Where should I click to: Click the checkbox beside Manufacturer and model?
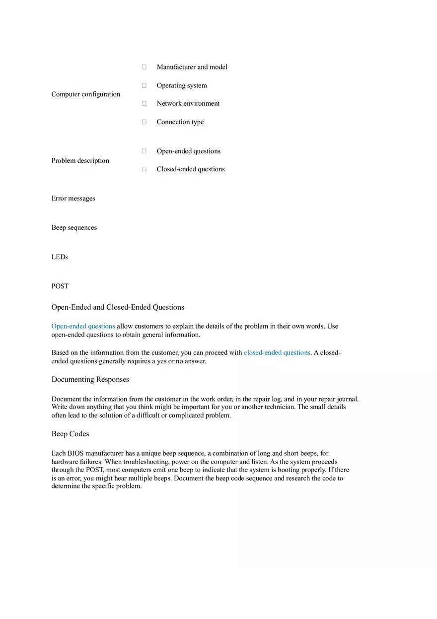pyautogui.click(x=144, y=67)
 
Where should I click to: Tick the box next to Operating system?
pyautogui.click(x=144, y=85)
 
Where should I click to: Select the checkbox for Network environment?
pyautogui.click(x=144, y=103)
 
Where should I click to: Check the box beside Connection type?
pyautogui.click(x=144, y=122)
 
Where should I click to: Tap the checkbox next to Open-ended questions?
pyautogui.click(x=144, y=151)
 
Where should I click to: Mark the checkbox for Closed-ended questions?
pyautogui.click(x=144, y=169)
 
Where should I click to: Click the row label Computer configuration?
pyautogui.click(x=85, y=94)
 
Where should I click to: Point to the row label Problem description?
pyautogui.click(x=80, y=160)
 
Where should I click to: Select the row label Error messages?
pyautogui.click(x=73, y=199)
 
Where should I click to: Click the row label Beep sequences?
pyautogui.click(x=74, y=228)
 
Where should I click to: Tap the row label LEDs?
pyautogui.click(x=60, y=257)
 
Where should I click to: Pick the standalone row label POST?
pyautogui.click(x=60, y=286)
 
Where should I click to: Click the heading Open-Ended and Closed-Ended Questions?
pyautogui.click(x=118, y=307)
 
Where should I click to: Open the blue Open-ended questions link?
pyautogui.click(x=83, y=326)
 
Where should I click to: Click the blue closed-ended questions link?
pyautogui.click(x=277, y=352)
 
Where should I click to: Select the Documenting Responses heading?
pyautogui.click(x=90, y=379)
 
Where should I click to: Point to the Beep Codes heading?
pyautogui.click(x=70, y=434)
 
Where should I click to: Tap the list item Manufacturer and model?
pyautogui.click(x=192, y=67)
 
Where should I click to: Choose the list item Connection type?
pyautogui.click(x=180, y=122)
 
